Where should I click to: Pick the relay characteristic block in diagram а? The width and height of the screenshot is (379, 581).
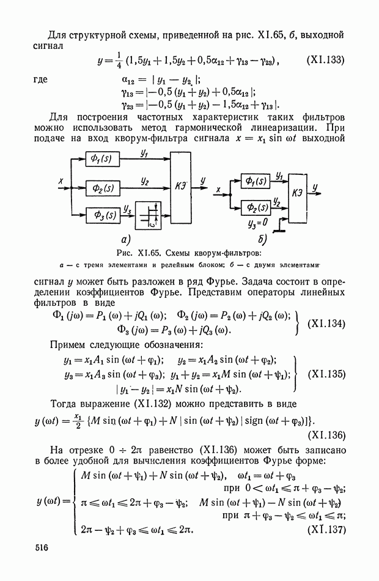150,216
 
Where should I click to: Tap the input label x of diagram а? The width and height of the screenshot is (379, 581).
61,181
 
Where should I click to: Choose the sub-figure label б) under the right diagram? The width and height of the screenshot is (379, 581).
263,238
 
